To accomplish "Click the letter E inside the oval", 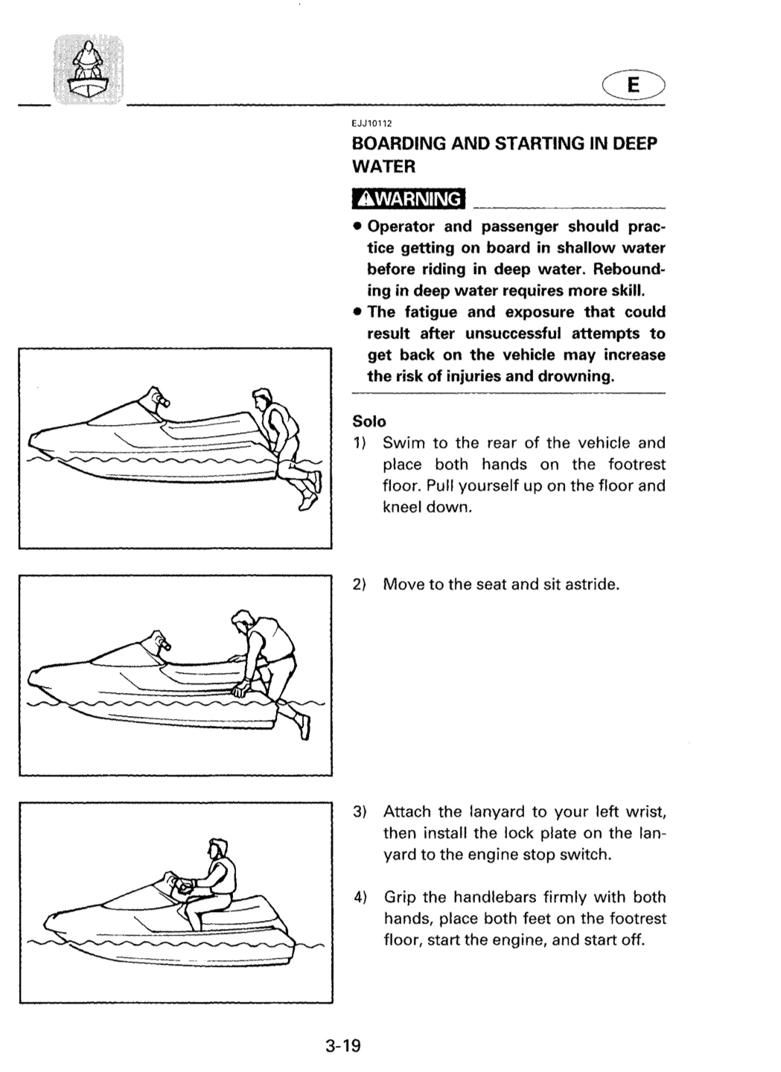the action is click(x=633, y=85).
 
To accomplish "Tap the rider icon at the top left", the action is click(x=89, y=70).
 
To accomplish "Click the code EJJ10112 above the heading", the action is click(x=372, y=124).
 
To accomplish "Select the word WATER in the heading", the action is click(x=384, y=167).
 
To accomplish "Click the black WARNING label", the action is click(x=408, y=199).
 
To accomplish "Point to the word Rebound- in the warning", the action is click(x=629, y=269).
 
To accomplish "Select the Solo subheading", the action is click(x=369, y=421).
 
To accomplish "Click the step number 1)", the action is click(x=359, y=443).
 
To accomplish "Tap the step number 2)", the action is click(x=360, y=584).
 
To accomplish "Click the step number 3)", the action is click(x=360, y=811).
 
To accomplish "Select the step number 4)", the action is click(x=360, y=897).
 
